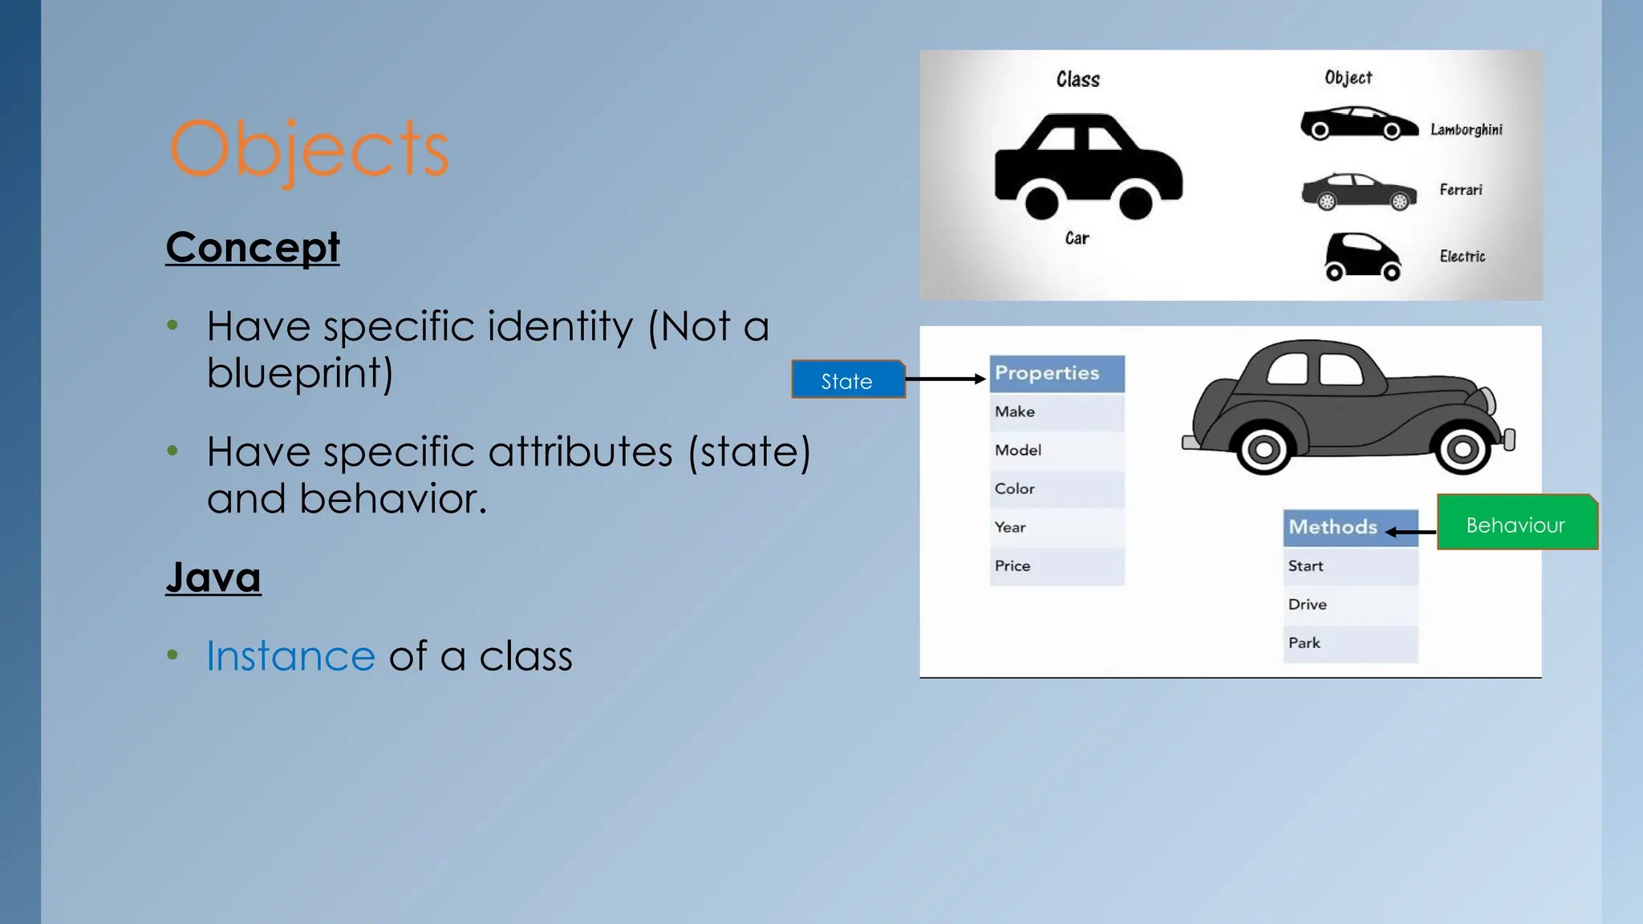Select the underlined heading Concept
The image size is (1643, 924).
pyautogui.click(x=253, y=247)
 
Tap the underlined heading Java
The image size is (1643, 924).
pyautogui.click(x=213, y=577)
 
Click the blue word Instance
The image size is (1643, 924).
pyautogui.click(x=290, y=655)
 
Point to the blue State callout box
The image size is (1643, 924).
pyautogui.click(x=848, y=379)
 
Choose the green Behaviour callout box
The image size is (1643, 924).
pyautogui.click(x=1516, y=522)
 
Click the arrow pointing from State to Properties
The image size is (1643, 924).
pyautogui.click(x=946, y=379)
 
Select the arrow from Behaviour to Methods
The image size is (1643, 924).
pyautogui.click(x=1410, y=531)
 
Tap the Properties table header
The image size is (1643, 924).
pyautogui.click(x=1057, y=373)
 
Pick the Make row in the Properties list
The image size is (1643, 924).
pyautogui.click(x=1057, y=412)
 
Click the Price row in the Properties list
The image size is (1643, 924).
pyautogui.click(x=1057, y=566)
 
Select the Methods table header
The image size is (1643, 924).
pyautogui.click(x=1350, y=528)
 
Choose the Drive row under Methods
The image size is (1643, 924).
pyautogui.click(x=1350, y=605)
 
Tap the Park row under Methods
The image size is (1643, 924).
pyautogui.click(x=1350, y=643)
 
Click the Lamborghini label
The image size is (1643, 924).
pyautogui.click(x=1466, y=129)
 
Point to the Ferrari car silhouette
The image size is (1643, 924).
pyautogui.click(x=1358, y=191)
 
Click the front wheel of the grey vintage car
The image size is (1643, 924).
pyautogui.click(x=1462, y=448)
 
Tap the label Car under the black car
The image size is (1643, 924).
pyautogui.click(x=1077, y=238)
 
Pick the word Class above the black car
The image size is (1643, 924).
pyautogui.click(x=1077, y=79)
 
